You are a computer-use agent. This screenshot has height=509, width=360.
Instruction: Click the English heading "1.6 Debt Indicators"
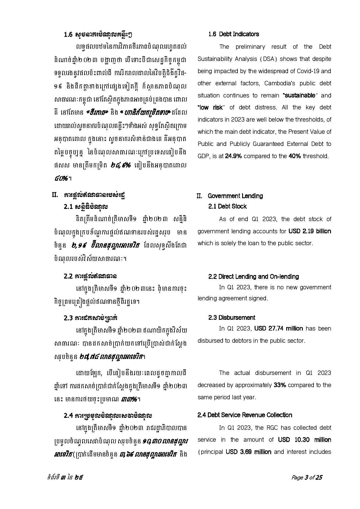(x=233, y=34)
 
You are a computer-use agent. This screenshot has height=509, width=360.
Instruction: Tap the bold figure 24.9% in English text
(x=233, y=156)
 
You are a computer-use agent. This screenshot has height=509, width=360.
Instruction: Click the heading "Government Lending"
(x=235, y=196)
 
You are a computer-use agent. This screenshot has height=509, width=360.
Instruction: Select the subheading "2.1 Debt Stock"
(x=227, y=206)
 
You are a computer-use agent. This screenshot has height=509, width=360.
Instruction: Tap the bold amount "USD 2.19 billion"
(x=309, y=231)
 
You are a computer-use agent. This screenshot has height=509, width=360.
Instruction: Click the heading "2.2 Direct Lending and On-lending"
(x=253, y=277)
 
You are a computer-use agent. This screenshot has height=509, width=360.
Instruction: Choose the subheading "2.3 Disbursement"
(x=232, y=317)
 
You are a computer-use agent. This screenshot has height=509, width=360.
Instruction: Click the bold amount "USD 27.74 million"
(x=278, y=328)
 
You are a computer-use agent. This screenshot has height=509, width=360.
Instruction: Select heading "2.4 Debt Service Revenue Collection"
(x=245, y=415)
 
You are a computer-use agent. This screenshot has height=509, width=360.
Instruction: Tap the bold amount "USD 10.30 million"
(x=304, y=440)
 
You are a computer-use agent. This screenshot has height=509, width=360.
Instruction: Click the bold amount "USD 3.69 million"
(x=249, y=452)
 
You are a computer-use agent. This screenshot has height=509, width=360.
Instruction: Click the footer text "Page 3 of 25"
(x=307, y=478)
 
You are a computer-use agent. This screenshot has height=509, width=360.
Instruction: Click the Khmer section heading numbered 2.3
(x=91, y=318)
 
